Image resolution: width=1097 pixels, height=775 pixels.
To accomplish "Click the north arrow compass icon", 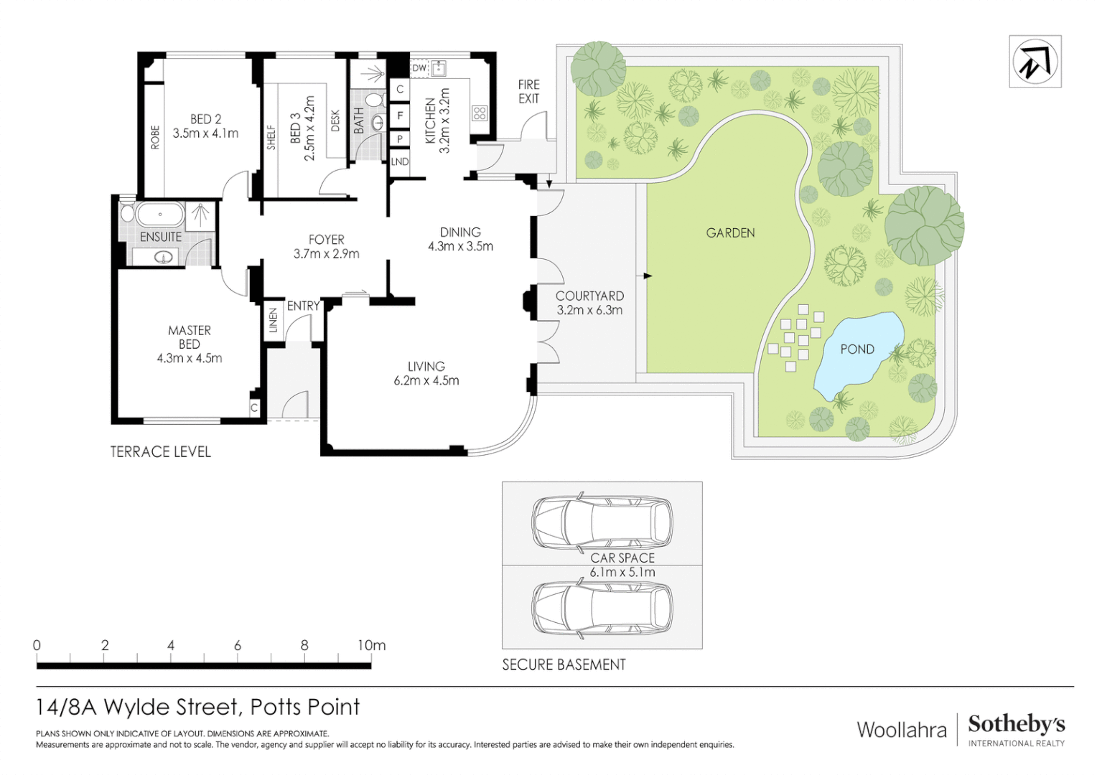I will (1035, 62).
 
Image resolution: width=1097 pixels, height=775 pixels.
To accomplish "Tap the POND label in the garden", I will (857, 349).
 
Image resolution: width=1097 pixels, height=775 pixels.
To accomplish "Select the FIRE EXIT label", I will (528, 92).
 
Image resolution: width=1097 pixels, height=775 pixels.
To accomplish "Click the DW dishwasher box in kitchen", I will (419, 68).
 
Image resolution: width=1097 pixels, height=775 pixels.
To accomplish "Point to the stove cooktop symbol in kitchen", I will (480, 113).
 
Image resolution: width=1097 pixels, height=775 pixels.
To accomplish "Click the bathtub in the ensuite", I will (160, 214).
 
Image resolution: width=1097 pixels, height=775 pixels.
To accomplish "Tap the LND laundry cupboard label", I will (400, 162).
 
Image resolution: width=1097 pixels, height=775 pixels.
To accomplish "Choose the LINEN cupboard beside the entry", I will (273, 320).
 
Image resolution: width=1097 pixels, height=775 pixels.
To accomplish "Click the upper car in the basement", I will (602, 520).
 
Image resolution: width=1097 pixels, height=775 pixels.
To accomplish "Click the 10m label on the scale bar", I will (371, 645).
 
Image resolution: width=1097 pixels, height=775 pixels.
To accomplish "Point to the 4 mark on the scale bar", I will (171, 645).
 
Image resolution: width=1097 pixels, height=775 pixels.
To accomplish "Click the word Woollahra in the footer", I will (902, 730).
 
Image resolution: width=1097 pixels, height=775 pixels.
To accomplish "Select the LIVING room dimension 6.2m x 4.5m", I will (426, 381).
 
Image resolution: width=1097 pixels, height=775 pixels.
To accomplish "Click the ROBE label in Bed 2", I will (155, 138).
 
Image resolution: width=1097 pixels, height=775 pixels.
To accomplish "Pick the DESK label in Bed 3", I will (335, 121).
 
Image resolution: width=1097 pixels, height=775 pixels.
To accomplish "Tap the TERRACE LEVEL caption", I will (160, 451).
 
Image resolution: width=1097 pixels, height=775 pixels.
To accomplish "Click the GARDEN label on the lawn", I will (730, 232).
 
